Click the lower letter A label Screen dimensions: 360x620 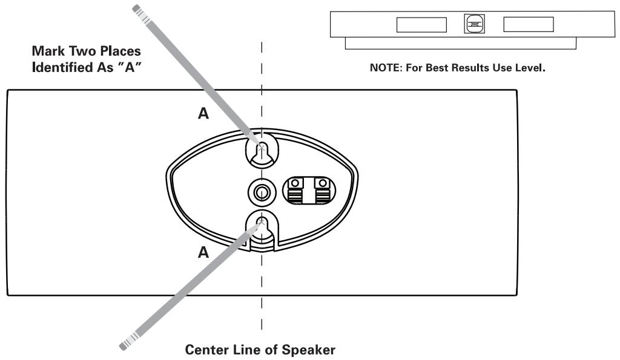[x=204, y=253]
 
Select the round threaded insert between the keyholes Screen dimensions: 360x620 [x=262, y=193]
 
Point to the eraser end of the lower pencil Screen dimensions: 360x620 [x=125, y=345]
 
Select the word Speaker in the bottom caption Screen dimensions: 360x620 [x=312, y=350]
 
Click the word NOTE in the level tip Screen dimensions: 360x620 [x=383, y=68]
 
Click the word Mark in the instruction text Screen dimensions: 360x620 [x=47, y=51]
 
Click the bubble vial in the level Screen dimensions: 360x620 [x=475, y=24]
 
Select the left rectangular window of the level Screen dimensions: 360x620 [x=421, y=24]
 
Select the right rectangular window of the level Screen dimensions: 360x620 [x=529, y=24]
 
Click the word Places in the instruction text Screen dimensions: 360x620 [x=120, y=51]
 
